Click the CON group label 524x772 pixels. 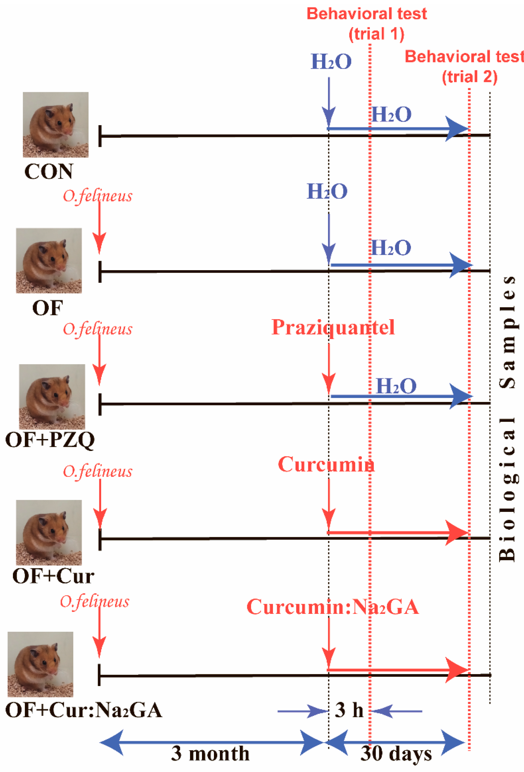(x=49, y=172)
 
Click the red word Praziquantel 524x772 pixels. (x=333, y=327)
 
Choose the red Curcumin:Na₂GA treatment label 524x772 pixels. (x=332, y=607)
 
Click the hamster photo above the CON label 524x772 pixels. (x=56, y=125)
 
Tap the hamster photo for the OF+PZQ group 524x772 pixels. (x=52, y=396)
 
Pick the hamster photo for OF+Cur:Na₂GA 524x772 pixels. (x=40, y=664)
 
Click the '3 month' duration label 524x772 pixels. (x=210, y=753)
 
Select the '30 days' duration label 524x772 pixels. (x=396, y=753)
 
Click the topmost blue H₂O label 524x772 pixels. (x=331, y=62)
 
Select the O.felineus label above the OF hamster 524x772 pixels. (x=97, y=196)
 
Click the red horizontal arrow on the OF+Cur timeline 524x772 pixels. (x=397, y=533)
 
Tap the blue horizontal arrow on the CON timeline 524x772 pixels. (x=397, y=129)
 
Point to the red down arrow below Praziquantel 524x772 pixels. (x=329, y=369)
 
